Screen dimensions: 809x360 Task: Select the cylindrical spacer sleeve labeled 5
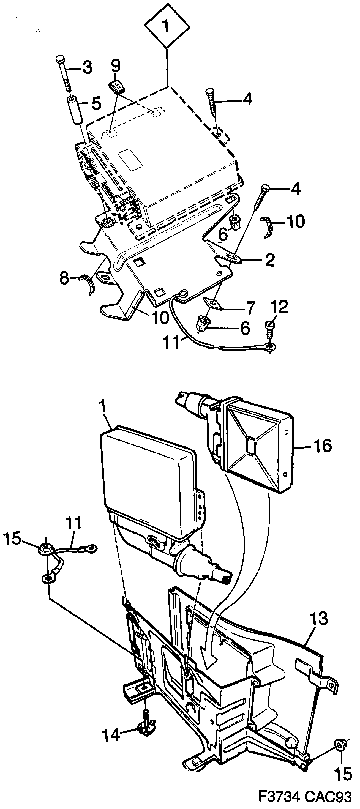[x=74, y=111]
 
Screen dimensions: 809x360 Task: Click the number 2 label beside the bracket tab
[x=269, y=260]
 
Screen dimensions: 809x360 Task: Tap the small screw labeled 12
[x=269, y=327]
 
